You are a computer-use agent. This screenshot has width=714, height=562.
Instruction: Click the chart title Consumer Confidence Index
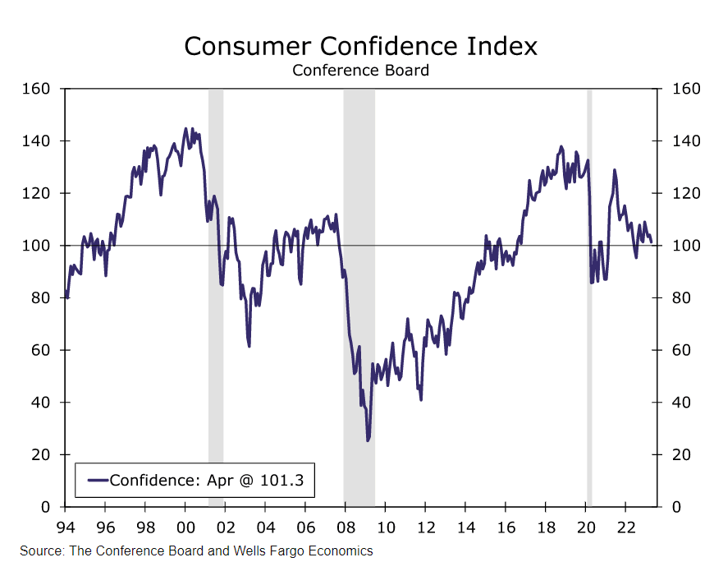click(x=360, y=46)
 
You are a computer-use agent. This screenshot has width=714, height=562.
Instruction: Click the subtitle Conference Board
click(x=360, y=71)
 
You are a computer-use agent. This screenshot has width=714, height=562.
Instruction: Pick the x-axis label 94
click(x=66, y=527)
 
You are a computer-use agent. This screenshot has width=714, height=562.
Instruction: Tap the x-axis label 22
click(x=625, y=527)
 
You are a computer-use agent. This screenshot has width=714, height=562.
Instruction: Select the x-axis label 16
click(x=506, y=527)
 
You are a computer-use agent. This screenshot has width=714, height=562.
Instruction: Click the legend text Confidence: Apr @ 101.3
click(x=206, y=480)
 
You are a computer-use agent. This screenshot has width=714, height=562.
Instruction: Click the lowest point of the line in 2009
click(x=368, y=440)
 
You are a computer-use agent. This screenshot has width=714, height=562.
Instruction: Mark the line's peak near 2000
click(x=185, y=129)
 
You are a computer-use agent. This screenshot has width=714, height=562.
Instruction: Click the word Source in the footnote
click(x=41, y=550)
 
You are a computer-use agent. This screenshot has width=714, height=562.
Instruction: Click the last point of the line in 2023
click(x=652, y=242)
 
